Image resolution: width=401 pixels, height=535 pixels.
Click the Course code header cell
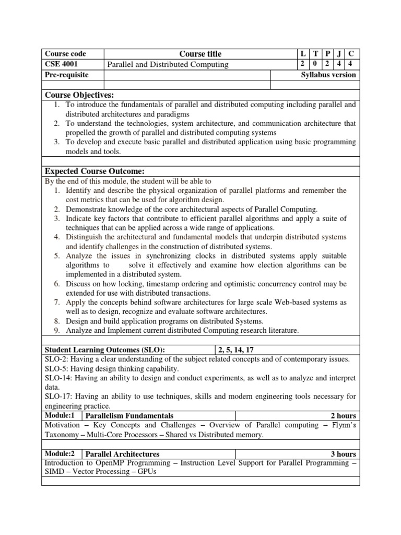65,54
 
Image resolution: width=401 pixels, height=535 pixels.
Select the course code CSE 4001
62,64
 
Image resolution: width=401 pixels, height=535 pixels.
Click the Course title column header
200,54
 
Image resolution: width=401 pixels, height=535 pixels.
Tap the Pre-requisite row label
67,75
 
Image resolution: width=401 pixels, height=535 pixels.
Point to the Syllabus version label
328,75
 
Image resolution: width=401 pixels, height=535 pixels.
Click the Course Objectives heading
79,95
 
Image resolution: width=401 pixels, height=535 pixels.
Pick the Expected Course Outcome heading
95,172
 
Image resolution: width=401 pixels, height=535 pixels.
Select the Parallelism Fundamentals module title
129,415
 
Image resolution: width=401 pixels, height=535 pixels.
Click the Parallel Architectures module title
122,453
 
